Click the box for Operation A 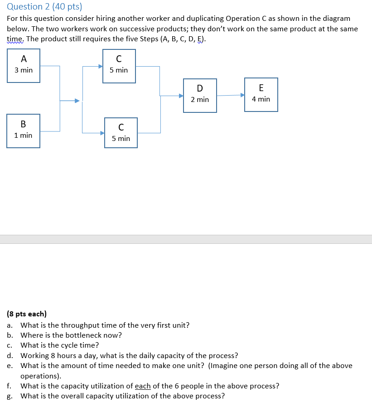pos(24,66)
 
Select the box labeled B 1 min pos(23,131)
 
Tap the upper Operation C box pos(119,66)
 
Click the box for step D pos(200,95)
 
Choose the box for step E pos(261,95)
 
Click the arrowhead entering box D pos(181,96)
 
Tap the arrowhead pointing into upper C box pos(100,66)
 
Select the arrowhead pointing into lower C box pos(102,133)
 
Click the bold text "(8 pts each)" pos(27,314)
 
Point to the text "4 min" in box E pos(261,99)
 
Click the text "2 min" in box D pos(200,99)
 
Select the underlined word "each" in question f pos(143,386)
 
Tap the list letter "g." pos(10,396)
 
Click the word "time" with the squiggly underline pos(15,39)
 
